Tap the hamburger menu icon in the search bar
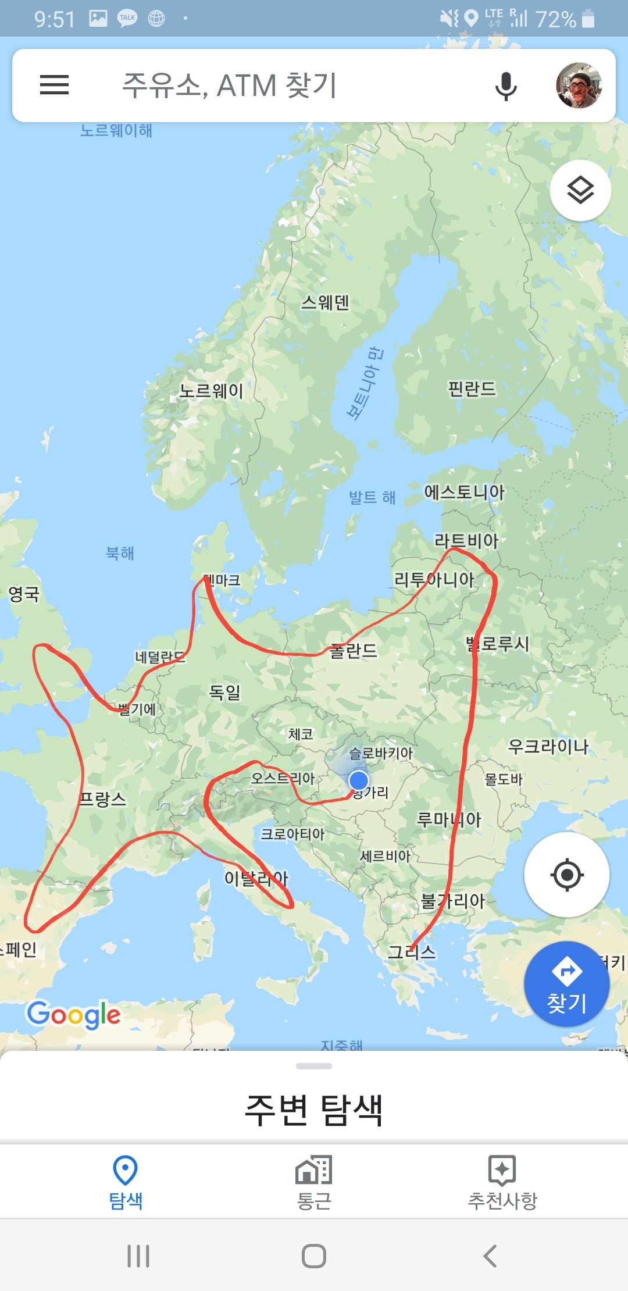click(54, 85)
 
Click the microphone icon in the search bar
click(505, 86)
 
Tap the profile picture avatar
click(579, 85)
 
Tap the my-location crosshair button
click(567, 874)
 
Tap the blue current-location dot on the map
click(359, 780)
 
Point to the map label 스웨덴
click(325, 302)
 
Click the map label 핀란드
click(472, 388)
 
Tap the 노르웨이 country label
click(211, 391)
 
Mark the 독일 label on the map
click(224, 692)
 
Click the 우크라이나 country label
click(548, 746)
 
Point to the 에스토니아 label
click(464, 492)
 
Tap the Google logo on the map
click(74, 1015)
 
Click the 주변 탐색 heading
click(314, 1110)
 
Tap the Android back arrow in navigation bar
click(490, 1256)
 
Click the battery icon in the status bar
click(588, 19)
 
